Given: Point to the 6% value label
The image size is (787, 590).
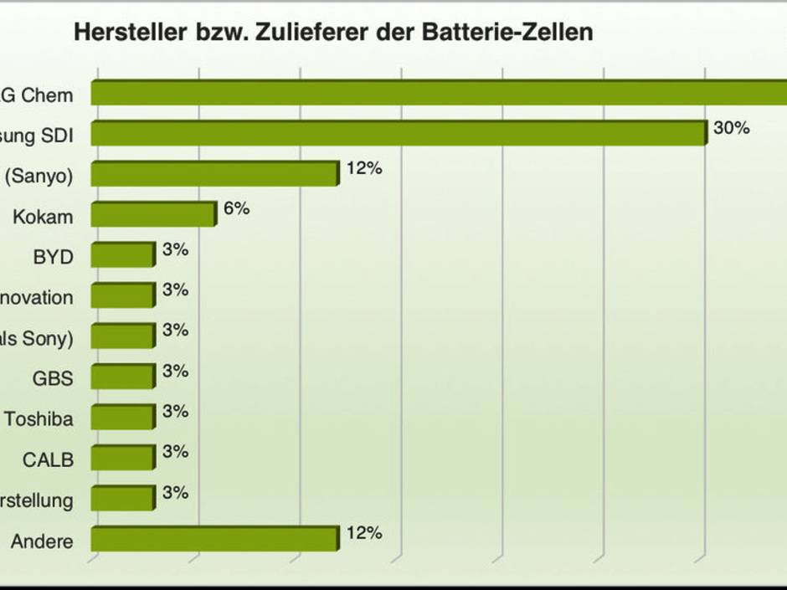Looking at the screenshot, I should [x=236, y=208].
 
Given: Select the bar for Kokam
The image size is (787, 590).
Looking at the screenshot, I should [x=152, y=215].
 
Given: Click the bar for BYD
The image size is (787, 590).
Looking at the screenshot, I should [x=122, y=255].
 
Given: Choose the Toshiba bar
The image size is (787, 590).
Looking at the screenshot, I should [x=122, y=418].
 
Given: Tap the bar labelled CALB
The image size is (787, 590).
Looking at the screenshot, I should [x=122, y=458].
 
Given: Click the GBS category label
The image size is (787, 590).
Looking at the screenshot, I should [x=53, y=378].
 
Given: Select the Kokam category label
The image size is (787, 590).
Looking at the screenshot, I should [x=43, y=218].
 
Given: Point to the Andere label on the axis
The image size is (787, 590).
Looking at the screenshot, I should [x=42, y=541].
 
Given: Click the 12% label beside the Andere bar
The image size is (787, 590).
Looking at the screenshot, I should [x=363, y=533].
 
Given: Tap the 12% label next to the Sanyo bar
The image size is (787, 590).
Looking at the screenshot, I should [x=363, y=168].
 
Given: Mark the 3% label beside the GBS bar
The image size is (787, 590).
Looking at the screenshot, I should [x=175, y=371].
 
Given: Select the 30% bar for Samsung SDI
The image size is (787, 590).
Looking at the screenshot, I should [x=398, y=134].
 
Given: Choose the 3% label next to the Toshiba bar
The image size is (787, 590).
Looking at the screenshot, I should [x=175, y=411].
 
